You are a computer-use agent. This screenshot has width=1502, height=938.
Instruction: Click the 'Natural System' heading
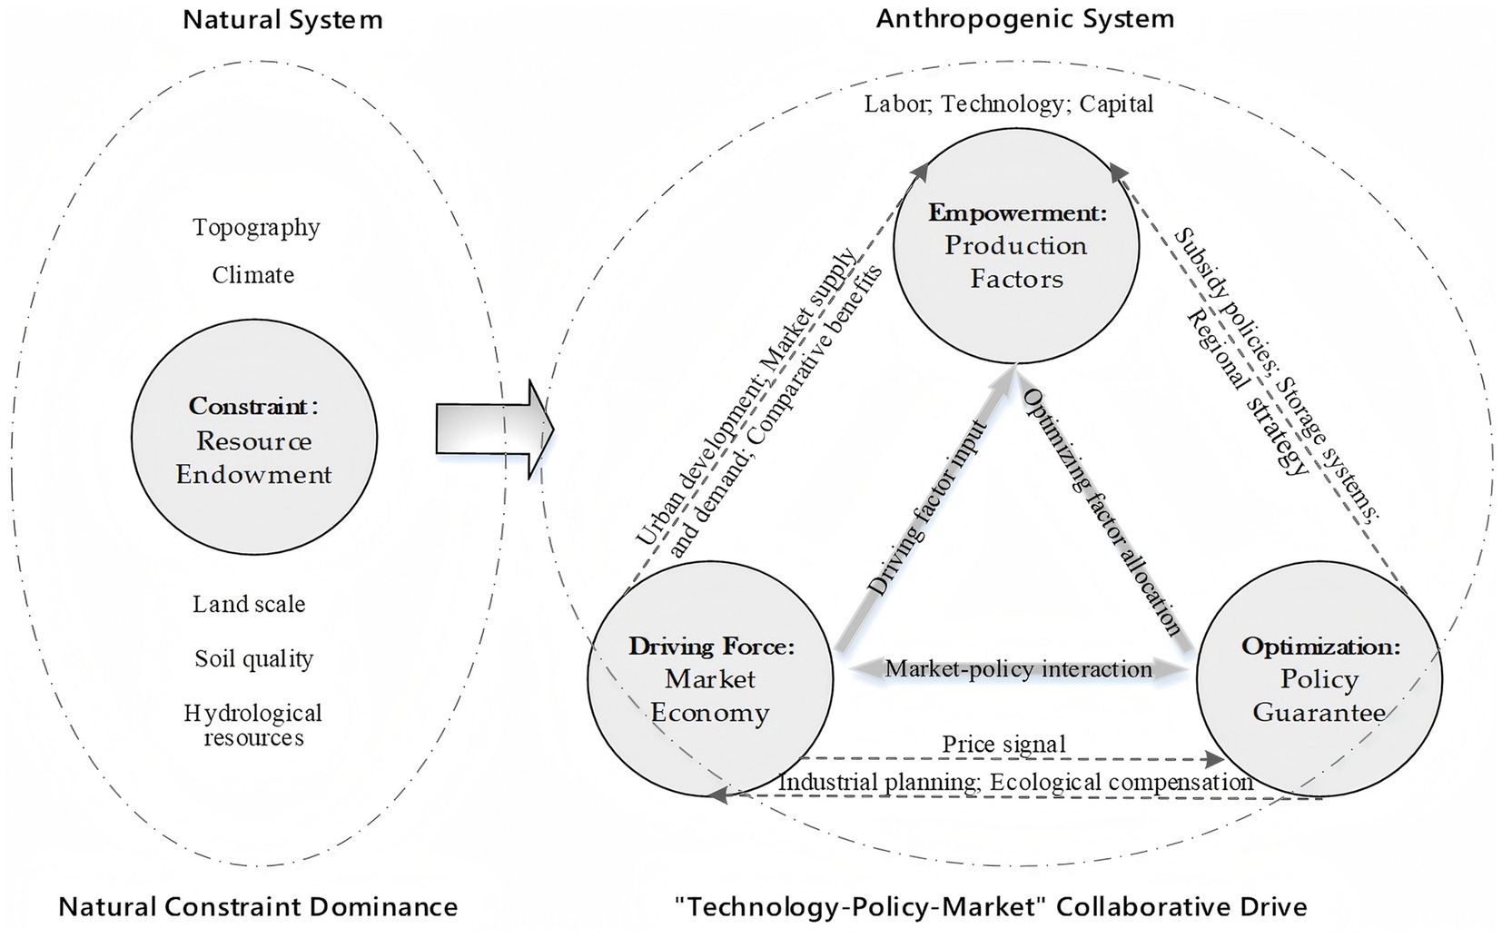pos(282,20)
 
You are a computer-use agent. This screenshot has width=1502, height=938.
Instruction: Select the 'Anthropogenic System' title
pos(1024,19)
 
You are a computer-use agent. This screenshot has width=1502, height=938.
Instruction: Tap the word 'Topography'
pos(256,227)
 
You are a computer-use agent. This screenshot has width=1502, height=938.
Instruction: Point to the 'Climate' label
pos(253,275)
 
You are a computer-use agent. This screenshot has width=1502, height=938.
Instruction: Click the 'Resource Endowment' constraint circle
pos(254,437)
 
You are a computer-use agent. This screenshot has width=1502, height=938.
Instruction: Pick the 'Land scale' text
pos(249,605)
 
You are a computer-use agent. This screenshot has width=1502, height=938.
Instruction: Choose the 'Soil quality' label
pos(253,658)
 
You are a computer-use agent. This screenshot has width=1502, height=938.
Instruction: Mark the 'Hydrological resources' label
pos(253,725)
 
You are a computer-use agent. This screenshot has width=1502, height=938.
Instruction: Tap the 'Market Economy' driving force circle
pos(710,681)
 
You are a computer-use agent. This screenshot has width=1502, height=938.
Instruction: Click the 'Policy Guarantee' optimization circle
pos(1319,681)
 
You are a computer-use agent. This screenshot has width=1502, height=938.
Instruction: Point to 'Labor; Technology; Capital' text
pos(1008,104)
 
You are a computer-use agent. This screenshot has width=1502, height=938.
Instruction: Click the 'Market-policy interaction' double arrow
pos(1019,670)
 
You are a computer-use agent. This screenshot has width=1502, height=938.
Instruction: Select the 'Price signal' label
pos(1003,745)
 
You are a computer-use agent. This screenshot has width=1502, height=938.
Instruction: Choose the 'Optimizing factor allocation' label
pos(1102,512)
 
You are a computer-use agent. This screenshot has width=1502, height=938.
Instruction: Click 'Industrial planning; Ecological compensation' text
pos(1015,783)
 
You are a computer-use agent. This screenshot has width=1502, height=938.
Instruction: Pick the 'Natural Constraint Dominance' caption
pos(258,906)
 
